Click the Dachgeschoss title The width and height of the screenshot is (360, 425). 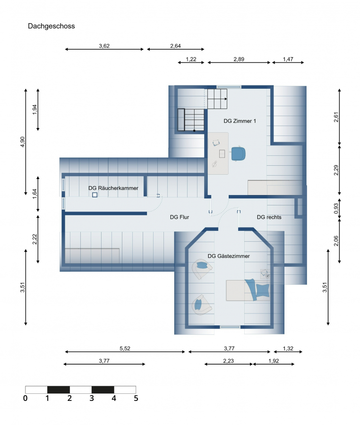point(51,26)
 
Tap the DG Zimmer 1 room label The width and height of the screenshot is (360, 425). point(240,121)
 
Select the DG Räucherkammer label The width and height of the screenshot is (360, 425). point(113,188)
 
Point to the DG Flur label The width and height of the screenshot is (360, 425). point(180,217)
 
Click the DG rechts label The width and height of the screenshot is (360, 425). point(269,217)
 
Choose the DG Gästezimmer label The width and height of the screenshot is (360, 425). point(229,256)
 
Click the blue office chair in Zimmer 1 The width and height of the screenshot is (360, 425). point(239,153)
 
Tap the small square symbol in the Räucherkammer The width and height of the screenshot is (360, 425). point(94,195)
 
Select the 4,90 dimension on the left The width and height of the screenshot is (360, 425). point(23,142)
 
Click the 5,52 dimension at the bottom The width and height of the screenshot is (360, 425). point(125,348)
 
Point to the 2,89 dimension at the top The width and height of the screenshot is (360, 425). point(239,59)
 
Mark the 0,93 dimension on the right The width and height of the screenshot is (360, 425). point(336,208)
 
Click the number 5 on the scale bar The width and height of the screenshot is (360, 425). point(136,398)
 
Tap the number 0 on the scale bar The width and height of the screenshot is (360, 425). point(25,398)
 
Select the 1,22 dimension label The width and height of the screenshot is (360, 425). point(191,59)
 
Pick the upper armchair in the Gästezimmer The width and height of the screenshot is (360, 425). point(201,269)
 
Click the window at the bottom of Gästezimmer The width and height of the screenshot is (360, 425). point(230,327)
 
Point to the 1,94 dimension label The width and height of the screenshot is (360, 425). point(34,110)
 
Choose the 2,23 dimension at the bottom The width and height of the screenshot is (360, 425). point(228,361)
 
